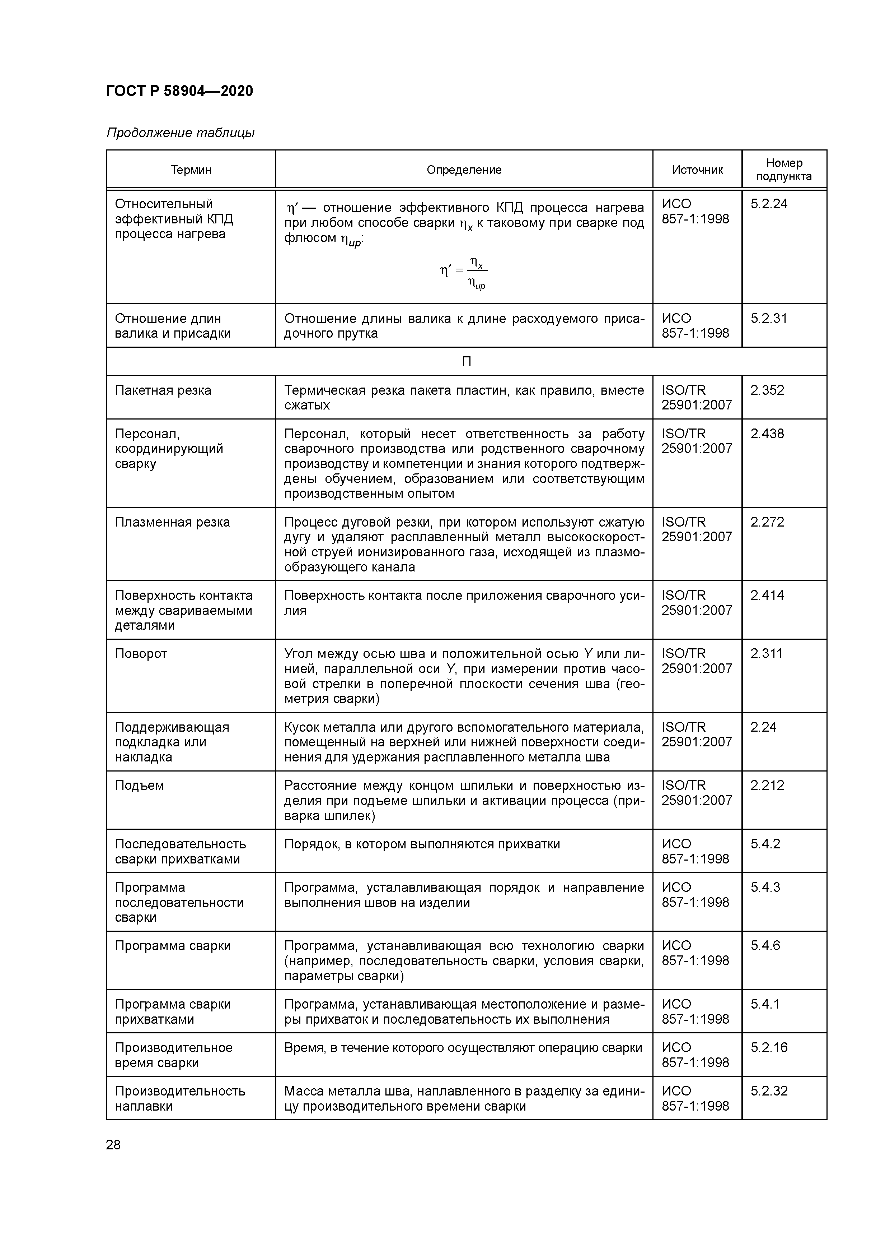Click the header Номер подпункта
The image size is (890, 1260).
[784, 170]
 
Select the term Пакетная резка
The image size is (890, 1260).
[163, 391]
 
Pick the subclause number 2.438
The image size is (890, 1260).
[767, 434]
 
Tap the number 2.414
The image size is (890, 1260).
[767, 596]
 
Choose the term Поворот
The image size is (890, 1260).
[141, 654]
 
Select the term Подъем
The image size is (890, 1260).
[139, 785]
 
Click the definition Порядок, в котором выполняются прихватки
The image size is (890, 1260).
[422, 844]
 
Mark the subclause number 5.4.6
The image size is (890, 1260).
[765, 946]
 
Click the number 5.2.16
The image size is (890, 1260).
[769, 1048]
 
